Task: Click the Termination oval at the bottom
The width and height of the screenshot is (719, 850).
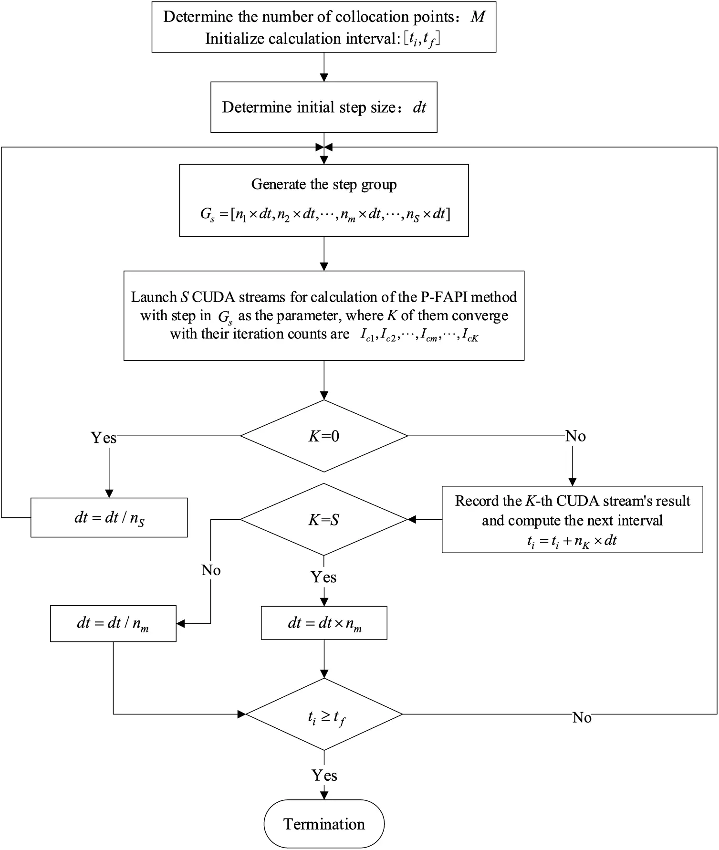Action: (324, 823)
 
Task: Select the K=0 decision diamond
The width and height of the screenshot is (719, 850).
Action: (324, 436)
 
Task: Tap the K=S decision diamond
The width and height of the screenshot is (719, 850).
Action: (324, 519)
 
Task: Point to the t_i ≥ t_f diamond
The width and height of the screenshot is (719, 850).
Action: (324, 714)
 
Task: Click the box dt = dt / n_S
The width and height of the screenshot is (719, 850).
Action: (109, 517)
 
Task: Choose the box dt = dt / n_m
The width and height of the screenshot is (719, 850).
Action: (113, 623)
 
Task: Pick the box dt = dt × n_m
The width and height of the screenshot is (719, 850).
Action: (324, 623)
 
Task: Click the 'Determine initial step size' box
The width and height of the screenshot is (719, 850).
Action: (324, 107)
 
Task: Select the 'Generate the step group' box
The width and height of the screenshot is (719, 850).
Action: (324, 200)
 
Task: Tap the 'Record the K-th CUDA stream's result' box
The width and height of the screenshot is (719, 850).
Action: (572, 519)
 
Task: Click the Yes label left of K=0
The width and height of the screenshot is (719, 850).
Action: (104, 438)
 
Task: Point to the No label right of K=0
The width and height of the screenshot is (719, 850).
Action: (575, 436)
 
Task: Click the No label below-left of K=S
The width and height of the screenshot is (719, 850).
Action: (211, 570)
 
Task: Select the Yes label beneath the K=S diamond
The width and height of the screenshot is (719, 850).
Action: (324, 577)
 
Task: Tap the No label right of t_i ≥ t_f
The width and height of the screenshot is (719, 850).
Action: (582, 717)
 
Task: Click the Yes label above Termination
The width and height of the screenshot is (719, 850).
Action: (324, 775)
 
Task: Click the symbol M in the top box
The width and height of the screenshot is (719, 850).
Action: (478, 17)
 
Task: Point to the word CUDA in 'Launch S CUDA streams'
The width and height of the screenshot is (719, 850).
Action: (213, 297)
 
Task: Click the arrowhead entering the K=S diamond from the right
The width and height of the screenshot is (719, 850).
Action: (412, 519)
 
